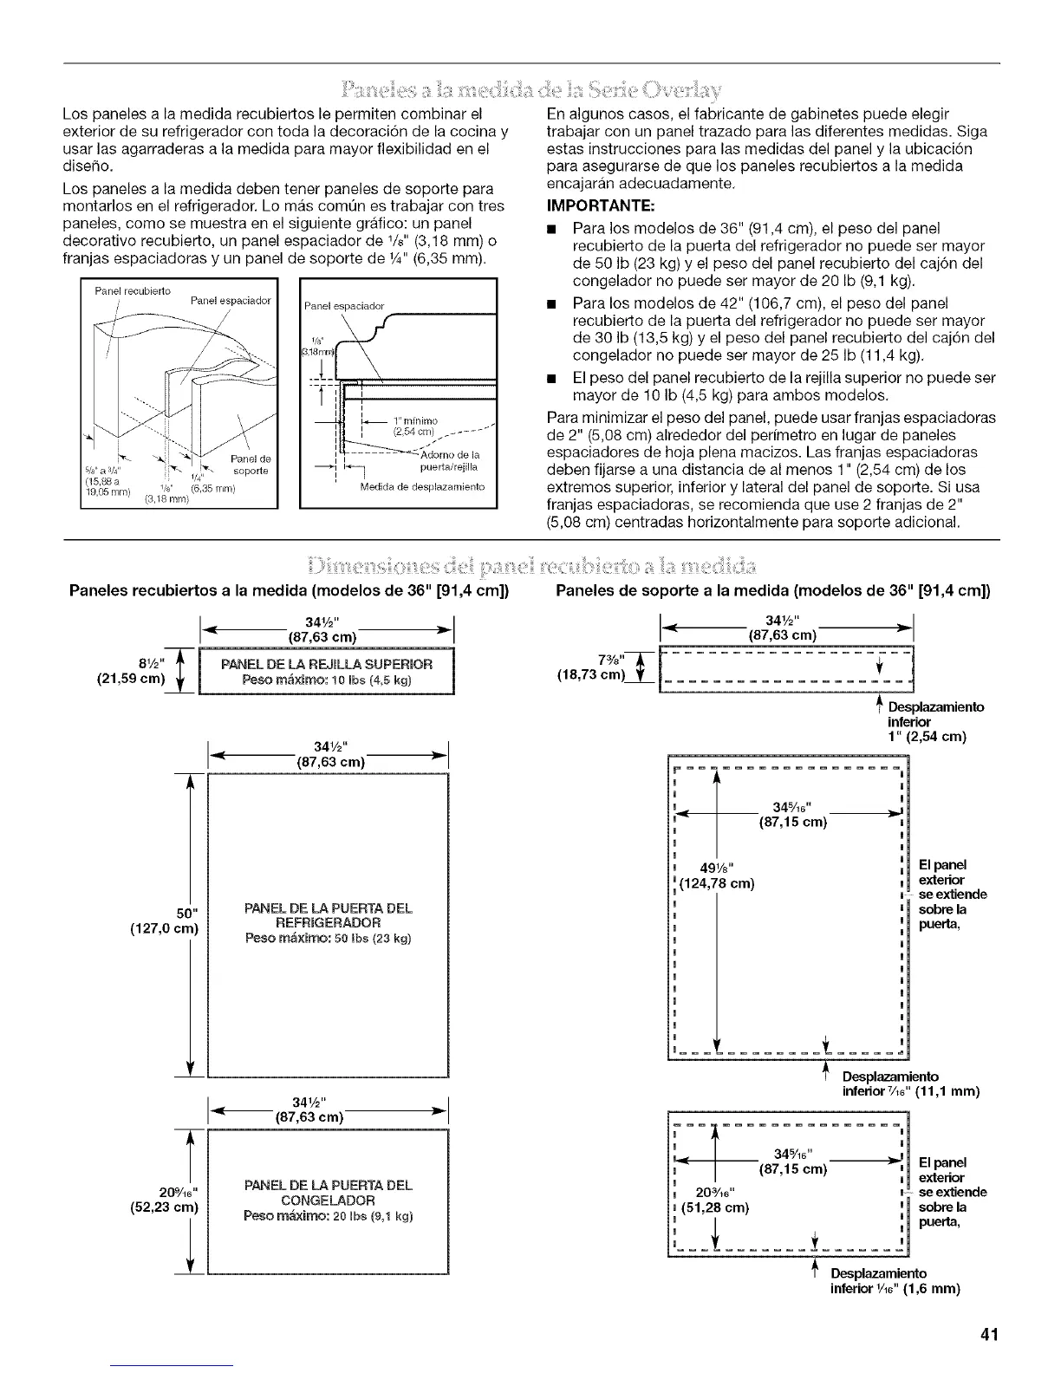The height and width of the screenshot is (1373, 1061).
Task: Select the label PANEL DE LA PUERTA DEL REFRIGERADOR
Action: [x=329, y=915]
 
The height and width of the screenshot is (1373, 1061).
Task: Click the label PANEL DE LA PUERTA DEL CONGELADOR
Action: [x=329, y=1193]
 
